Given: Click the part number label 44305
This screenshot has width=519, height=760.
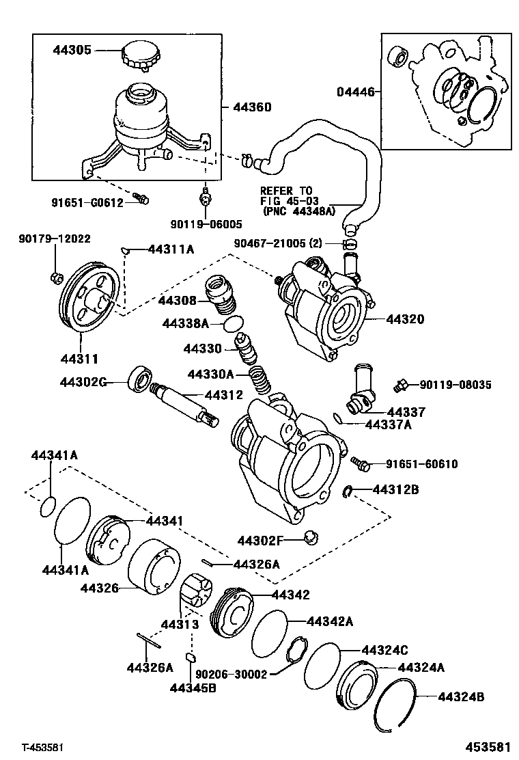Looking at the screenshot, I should click(x=73, y=50).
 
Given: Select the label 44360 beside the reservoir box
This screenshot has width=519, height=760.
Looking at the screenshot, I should click(x=252, y=107).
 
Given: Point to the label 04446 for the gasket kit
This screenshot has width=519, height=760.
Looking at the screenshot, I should click(x=355, y=92).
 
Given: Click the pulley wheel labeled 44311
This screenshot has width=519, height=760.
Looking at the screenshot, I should click(x=88, y=298).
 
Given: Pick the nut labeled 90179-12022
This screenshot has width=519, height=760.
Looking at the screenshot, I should click(x=56, y=277).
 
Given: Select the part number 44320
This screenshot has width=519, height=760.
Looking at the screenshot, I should click(x=405, y=319).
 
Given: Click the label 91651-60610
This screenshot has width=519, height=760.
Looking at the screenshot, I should click(x=421, y=464).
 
